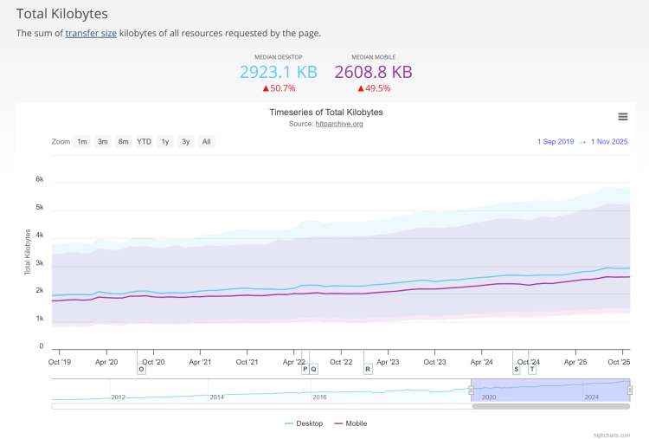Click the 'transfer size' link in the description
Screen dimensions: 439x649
click(x=91, y=33)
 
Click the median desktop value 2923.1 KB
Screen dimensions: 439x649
click(x=279, y=72)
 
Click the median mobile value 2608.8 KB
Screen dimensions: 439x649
click(x=373, y=72)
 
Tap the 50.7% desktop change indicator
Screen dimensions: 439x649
click(x=279, y=88)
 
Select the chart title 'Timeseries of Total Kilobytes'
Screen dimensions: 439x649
click(x=325, y=113)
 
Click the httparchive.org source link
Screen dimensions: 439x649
click(x=339, y=124)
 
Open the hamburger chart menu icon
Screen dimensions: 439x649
click(x=622, y=117)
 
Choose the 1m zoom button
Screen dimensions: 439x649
click(x=82, y=141)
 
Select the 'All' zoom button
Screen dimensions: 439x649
click(x=206, y=141)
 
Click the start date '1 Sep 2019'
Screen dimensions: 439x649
click(x=556, y=141)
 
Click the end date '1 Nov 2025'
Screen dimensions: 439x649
click(x=609, y=141)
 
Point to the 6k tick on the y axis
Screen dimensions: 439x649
click(x=39, y=179)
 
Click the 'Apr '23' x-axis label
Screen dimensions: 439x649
click(x=388, y=362)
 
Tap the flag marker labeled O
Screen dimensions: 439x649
click(x=141, y=369)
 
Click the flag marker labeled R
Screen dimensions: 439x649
click(x=368, y=369)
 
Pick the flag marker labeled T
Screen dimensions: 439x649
click(x=532, y=369)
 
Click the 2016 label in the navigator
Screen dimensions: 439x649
click(x=319, y=397)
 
